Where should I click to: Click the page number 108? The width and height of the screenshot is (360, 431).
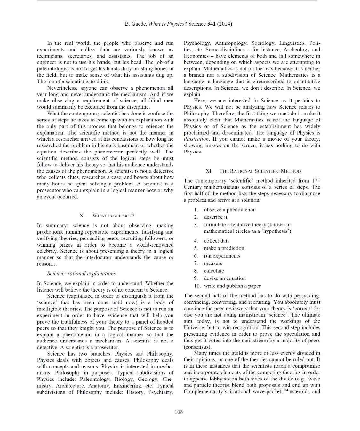tap(179, 412)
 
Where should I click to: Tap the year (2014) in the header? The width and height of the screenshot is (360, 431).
tap(225, 24)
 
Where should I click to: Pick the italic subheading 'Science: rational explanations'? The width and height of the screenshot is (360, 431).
tap(81, 273)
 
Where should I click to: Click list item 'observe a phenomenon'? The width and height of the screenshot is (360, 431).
tap(229, 210)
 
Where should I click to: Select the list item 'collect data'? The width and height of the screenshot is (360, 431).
tap(217, 241)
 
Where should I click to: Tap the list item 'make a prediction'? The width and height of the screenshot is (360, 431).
tap(224, 248)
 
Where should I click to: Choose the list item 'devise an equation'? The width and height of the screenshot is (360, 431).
tap(225, 278)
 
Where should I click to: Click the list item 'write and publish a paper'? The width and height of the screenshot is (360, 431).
tap(232, 286)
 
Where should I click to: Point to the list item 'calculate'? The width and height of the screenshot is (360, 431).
tap(214, 271)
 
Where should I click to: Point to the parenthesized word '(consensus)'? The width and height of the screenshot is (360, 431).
tap(197, 347)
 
